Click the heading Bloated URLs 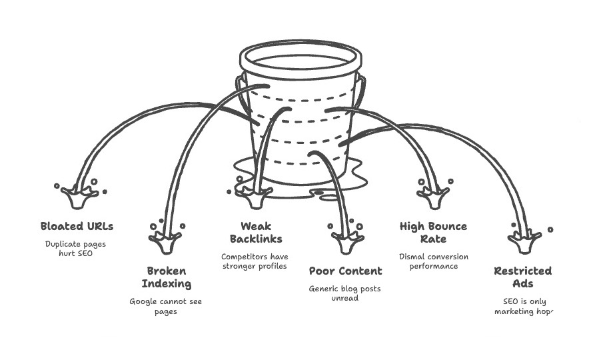click(76, 226)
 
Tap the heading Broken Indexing click(167, 277)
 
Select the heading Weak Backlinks click(256, 233)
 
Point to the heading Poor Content click(345, 271)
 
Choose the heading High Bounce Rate click(433, 233)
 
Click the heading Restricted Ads click(522, 277)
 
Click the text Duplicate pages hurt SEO click(75, 249)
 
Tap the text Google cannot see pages click(165, 307)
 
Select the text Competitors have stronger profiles click(254, 261)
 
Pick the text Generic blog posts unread click(344, 293)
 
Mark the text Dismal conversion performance click(433, 261)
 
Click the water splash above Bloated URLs click(79, 195)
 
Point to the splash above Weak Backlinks click(255, 195)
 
